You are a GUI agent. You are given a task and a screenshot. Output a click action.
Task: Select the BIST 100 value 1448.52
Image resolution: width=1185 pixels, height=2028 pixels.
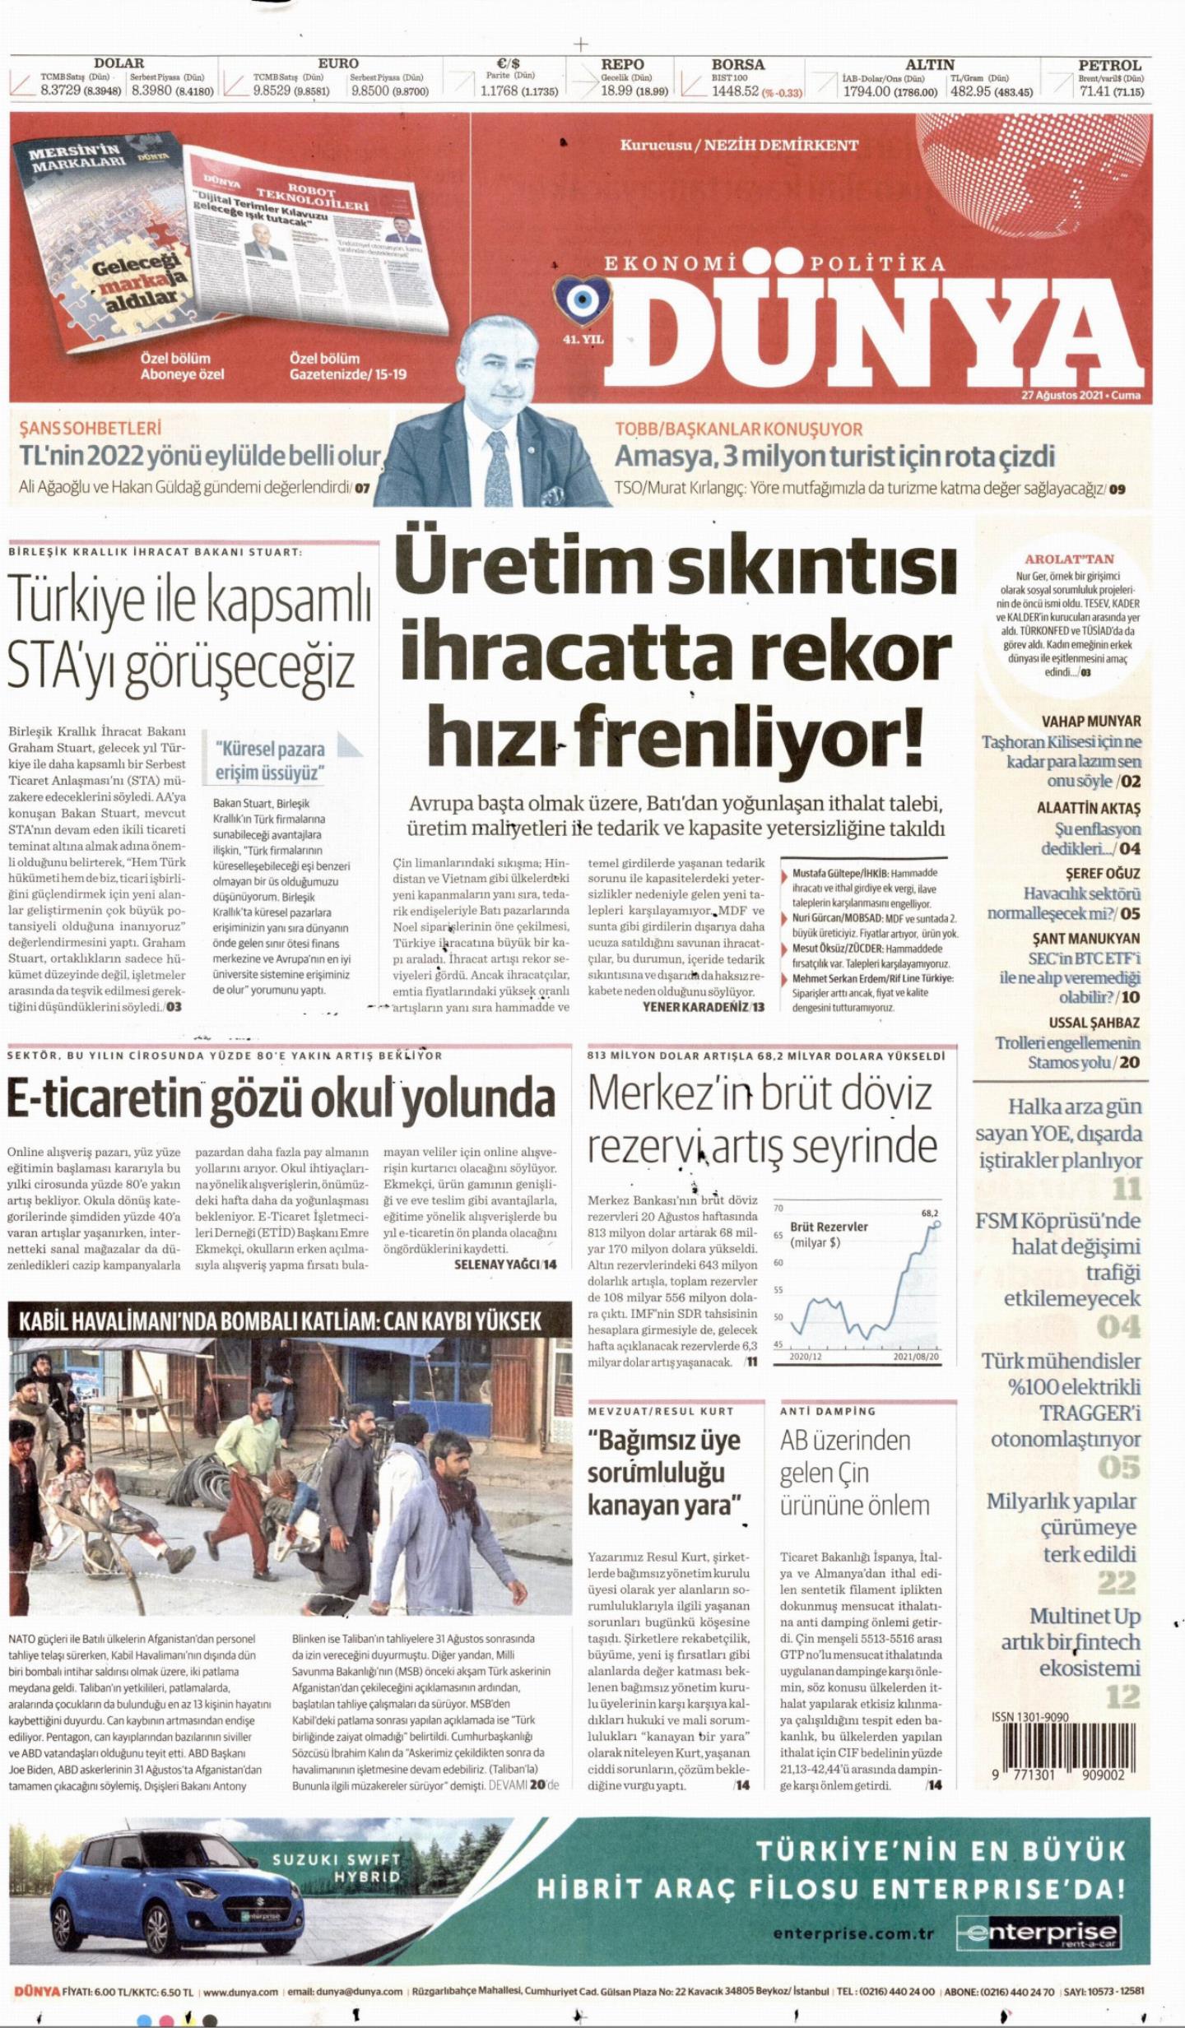pyautogui.click(x=736, y=91)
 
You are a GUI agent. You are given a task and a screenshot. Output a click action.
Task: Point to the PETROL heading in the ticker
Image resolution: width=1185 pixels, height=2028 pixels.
pyautogui.click(x=1109, y=65)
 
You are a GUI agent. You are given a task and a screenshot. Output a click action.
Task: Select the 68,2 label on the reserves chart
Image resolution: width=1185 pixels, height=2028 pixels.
pyautogui.click(x=929, y=1213)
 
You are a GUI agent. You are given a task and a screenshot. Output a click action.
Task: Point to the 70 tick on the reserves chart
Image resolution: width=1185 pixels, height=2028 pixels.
pyautogui.click(x=778, y=1209)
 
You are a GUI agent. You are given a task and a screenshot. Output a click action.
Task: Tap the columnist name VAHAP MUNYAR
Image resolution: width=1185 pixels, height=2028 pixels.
pyautogui.click(x=1091, y=722)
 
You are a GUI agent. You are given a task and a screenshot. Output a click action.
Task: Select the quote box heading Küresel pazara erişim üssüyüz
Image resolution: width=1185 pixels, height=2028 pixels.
pyautogui.click(x=270, y=761)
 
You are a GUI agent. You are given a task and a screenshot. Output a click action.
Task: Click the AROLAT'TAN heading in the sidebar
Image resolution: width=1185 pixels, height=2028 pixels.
pyautogui.click(x=1068, y=559)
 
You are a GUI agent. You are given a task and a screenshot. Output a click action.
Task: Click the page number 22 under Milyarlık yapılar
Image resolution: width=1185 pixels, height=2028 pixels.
pyautogui.click(x=1116, y=1582)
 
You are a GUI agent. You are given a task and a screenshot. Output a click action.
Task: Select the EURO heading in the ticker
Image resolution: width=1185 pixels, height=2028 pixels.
pyautogui.click(x=338, y=63)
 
